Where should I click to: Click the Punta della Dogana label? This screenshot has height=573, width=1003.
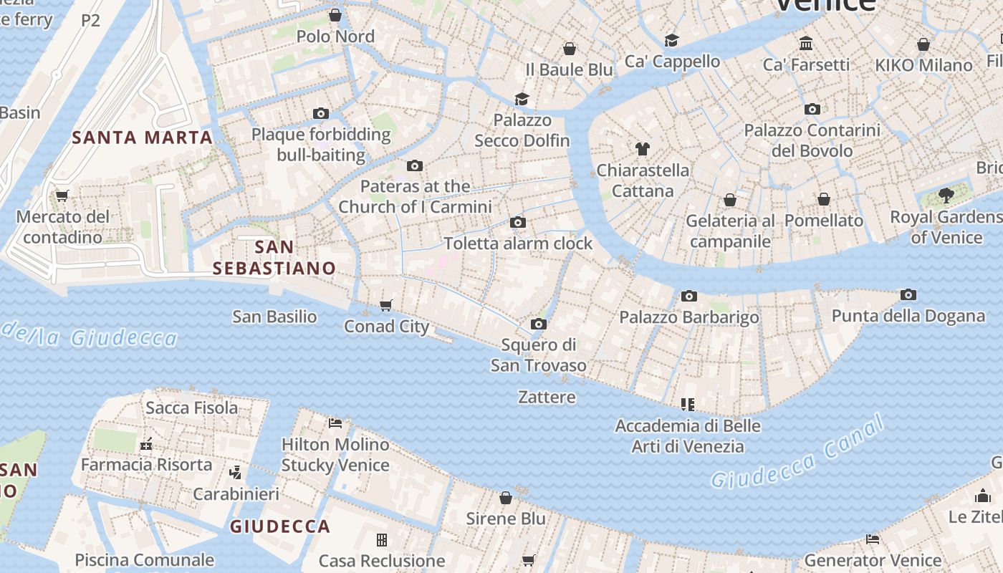[908, 316]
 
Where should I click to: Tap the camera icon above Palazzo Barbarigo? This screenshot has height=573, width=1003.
[689, 296]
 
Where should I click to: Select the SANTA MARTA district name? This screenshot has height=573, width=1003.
[143, 138]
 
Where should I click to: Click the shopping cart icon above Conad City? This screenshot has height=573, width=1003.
[386, 306]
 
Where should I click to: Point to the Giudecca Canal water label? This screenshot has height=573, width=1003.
[798, 455]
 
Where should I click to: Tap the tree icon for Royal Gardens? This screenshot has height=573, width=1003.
[946, 195]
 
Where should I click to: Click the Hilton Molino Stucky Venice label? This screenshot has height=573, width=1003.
[335, 454]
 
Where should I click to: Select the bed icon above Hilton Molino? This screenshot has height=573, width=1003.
[335, 423]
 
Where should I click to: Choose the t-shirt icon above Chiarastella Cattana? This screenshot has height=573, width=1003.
[643, 149]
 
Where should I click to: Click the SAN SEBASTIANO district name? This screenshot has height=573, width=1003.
[274, 258]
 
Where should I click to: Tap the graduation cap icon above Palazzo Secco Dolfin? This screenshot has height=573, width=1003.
[522, 99]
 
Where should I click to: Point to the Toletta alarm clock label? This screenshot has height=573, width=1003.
[518, 244]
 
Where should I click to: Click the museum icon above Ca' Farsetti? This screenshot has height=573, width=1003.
[806, 44]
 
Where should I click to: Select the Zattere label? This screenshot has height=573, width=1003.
[547, 397]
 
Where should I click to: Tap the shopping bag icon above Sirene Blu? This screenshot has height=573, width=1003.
[506, 497]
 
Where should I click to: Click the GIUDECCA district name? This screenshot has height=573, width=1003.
[280, 526]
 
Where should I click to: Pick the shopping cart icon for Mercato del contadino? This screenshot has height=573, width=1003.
[62, 196]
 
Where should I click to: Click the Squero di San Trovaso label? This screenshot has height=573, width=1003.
[538, 355]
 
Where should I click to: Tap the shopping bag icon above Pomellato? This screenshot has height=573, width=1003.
[824, 199]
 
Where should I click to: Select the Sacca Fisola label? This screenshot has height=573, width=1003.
[191, 408]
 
